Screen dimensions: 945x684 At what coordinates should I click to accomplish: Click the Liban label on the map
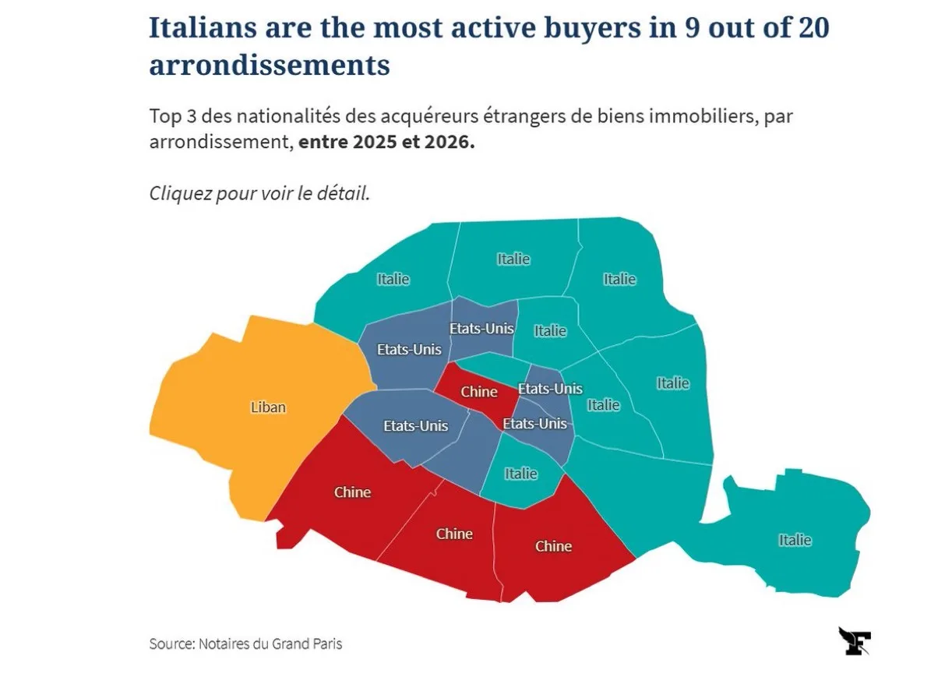268,407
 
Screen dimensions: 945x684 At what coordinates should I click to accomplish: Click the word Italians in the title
203,27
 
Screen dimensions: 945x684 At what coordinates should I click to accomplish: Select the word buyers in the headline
592,29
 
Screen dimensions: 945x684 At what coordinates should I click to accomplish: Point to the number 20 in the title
812,27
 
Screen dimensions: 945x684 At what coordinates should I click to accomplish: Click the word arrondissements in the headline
270,65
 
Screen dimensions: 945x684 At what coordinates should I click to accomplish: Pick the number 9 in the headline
692,28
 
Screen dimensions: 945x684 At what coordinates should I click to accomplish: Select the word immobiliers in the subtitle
700,116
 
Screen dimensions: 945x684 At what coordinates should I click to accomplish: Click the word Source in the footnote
172,644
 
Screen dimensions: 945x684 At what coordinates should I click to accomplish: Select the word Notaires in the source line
224,644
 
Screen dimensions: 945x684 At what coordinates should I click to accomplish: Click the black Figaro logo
855,641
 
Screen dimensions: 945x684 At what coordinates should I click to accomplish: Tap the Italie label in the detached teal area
795,540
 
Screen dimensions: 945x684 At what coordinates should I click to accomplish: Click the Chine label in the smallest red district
479,392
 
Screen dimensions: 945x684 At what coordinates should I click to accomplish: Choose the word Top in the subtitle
165,117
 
